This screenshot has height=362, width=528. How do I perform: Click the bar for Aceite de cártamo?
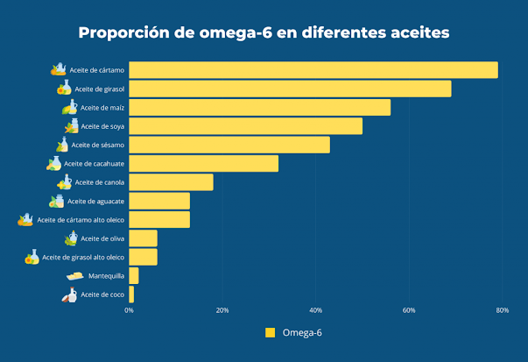pyautogui.click(x=313, y=70)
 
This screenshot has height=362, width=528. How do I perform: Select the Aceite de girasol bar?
pyautogui.click(x=290, y=89)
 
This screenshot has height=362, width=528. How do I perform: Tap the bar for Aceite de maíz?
pyautogui.click(x=260, y=107)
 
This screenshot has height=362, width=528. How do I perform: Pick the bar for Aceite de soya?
pyautogui.click(x=246, y=126)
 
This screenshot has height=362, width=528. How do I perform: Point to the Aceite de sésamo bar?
pyautogui.click(x=229, y=145)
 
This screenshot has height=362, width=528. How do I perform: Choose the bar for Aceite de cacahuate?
pyautogui.click(x=204, y=163)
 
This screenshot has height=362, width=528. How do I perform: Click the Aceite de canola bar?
pyautogui.click(x=172, y=182)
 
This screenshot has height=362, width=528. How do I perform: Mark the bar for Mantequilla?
pyautogui.click(x=134, y=276)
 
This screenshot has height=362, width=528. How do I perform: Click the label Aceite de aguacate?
pyautogui.click(x=96, y=202)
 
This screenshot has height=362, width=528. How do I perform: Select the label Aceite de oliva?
pyautogui.click(x=102, y=238)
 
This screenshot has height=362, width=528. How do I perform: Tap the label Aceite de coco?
pyautogui.click(x=102, y=295)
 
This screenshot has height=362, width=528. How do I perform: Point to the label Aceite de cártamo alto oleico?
pyautogui.click(x=81, y=220)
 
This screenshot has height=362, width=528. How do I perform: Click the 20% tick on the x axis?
pyautogui.click(x=222, y=310)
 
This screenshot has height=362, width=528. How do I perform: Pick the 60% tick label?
pyautogui.click(x=409, y=310)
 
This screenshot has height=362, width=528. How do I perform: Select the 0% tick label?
pyautogui.click(x=130, y=310)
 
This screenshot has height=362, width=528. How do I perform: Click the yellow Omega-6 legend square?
pyautogui.click(x=270, y=332)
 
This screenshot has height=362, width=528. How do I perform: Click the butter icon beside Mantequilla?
pyautogui.click(x=74, y=276)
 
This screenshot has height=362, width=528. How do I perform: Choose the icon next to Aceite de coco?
pyautogui.click(x=69, y=295)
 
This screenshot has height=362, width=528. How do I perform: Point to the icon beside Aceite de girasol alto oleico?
pyautogui.click(x=32, y=257)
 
